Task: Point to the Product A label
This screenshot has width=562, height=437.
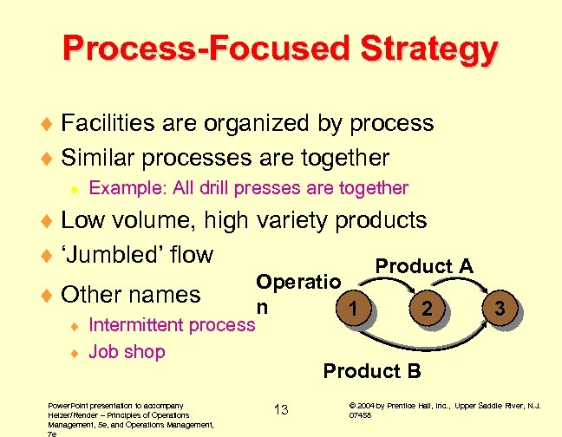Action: click(x=423, y=266)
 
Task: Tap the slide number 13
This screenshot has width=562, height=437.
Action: click(x=281, y=409)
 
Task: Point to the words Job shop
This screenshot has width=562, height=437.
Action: click(x=127, y=352)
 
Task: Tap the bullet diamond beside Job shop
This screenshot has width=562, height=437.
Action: click(x=75, y=353)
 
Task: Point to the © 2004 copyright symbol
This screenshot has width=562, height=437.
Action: click(x=351, y=405)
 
